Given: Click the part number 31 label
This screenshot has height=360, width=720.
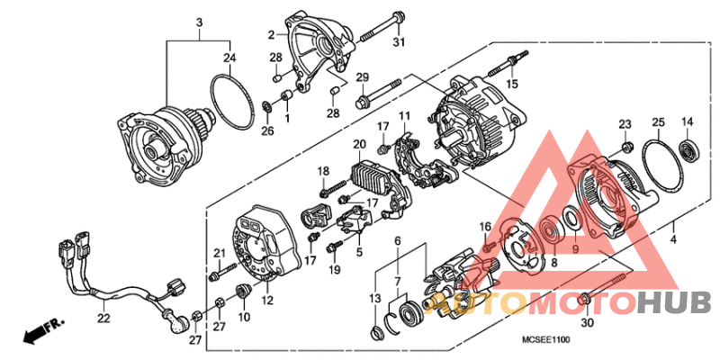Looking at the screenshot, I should pyautogui.click(x=399, y=41).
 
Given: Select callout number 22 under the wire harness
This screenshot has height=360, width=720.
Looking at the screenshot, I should pyautogui.click(x=103, y=317).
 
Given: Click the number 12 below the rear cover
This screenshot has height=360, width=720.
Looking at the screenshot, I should pyautogui.click(x=267, y=301).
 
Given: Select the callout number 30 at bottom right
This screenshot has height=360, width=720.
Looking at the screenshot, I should pyautogui.click(x=589, y=323).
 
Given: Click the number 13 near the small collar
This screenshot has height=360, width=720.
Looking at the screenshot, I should pyautogui.click(x=374, y=299).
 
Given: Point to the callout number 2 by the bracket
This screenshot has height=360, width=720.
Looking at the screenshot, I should pyautogui.click(x=270, y=35).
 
